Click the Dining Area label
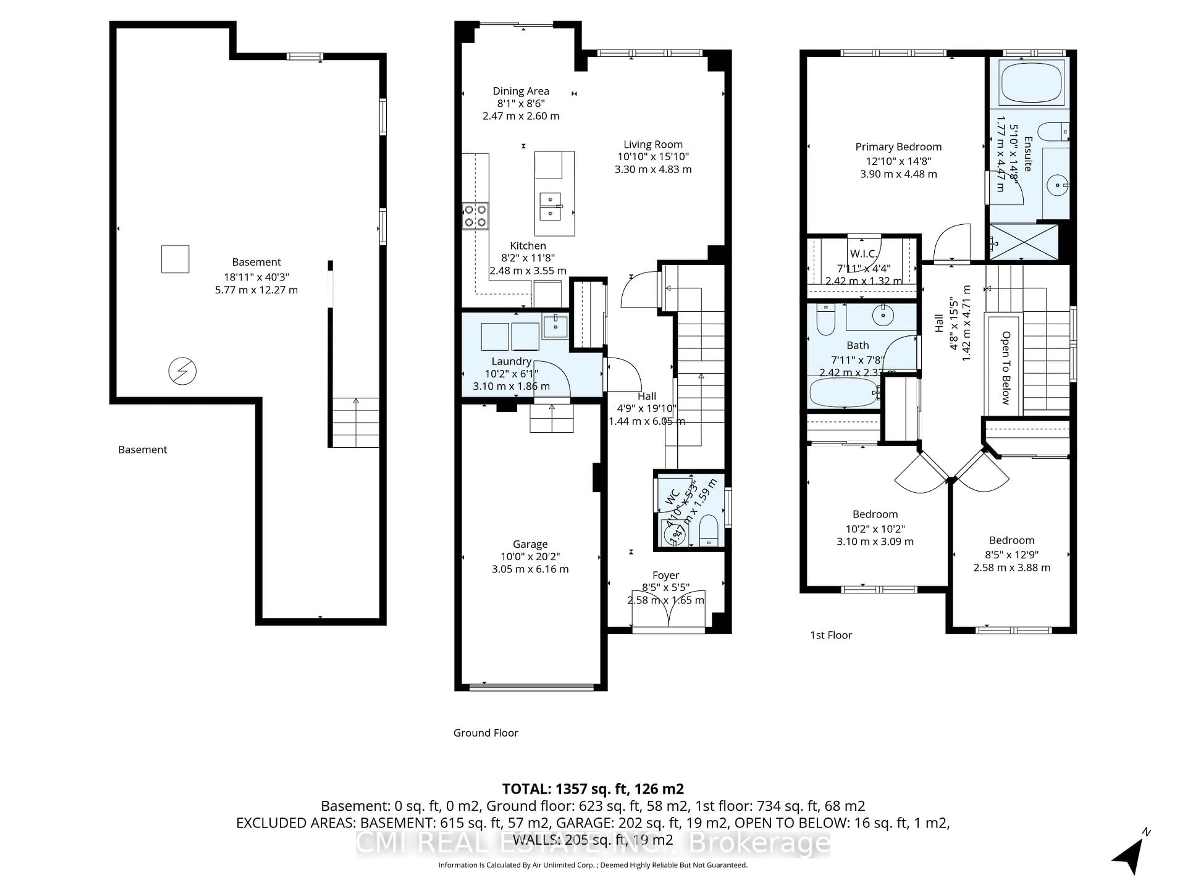521,91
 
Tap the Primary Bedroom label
898,147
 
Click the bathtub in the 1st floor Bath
843,393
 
